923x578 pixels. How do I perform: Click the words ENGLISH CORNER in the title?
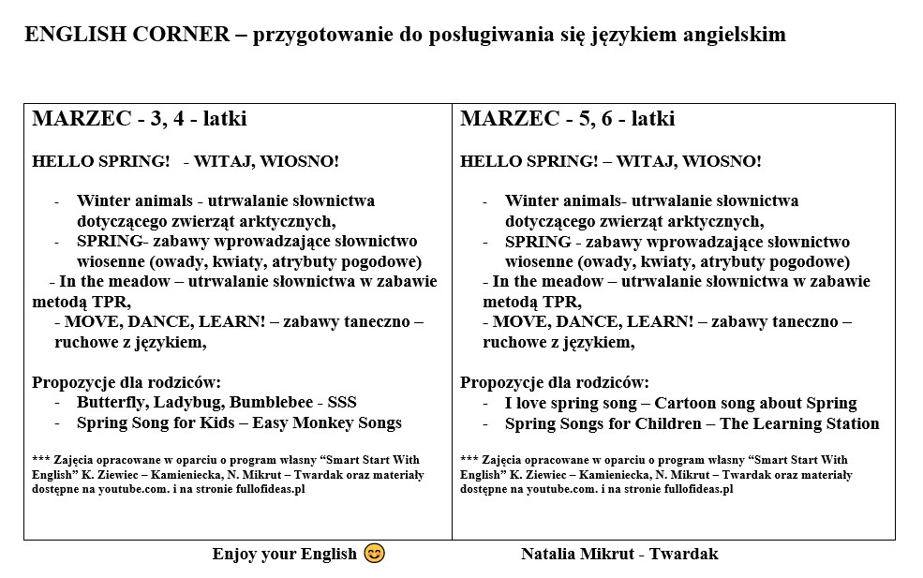tap(127, 35)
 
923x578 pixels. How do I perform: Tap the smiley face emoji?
tap(374, 554)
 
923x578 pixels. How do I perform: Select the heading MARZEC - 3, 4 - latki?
tap(140, 119)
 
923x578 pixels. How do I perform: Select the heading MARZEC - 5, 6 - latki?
tap(567, 119)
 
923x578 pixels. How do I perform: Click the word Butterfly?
tap(111, 402)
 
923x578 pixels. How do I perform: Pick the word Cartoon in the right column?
tap(687, 403)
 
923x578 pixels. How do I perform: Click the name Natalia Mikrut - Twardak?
tap(619, 554)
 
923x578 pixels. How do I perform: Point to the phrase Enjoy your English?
tap(284, 554)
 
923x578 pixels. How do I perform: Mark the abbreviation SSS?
tap(342, 402)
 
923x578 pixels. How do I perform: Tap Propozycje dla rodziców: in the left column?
tap(127, 382)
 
